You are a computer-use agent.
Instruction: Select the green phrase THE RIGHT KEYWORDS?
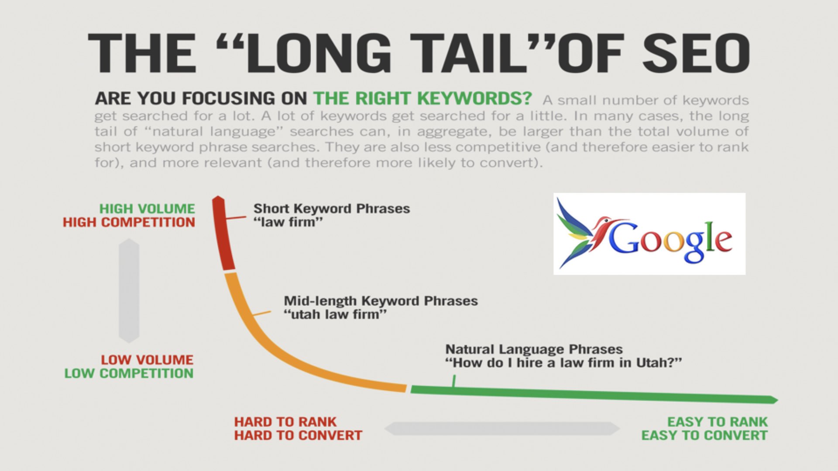point(422,98)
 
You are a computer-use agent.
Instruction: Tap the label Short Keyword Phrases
point(332,208)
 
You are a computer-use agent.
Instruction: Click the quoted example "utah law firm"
point(335,314)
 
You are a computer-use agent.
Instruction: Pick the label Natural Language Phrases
point(534,349)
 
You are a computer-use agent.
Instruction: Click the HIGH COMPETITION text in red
point(129,222)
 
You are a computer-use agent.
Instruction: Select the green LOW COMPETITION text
point(129,373)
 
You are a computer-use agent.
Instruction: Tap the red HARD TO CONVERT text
point(298,435)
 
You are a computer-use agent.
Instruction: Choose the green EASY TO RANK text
point(717,422)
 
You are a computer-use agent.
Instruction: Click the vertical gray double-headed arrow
point(129,290)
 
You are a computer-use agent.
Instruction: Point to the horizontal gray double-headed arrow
point(502,429)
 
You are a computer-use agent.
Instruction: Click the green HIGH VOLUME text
point(147,209)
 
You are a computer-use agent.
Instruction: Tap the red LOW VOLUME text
point(147,360)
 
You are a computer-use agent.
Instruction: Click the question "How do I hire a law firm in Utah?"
point(563,363)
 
